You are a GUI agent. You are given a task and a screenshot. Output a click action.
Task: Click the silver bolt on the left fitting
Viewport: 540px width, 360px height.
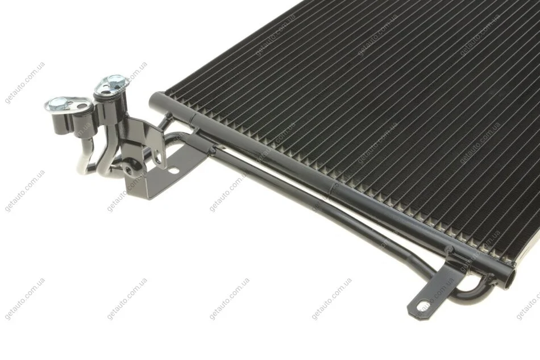pyautogui.click(x=56, y=104)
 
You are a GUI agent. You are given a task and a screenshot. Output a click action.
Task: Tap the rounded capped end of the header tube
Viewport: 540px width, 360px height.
pyautogui.click(x=153, y=100)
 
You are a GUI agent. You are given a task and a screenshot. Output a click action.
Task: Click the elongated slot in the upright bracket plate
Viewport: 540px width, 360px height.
pyautogui.click(x=158, y=156)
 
